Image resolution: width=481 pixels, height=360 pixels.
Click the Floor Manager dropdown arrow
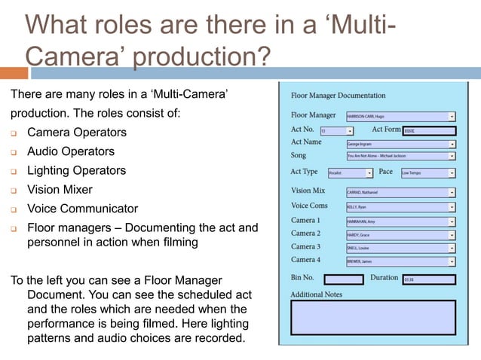452,117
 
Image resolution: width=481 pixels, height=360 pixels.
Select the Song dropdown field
400,156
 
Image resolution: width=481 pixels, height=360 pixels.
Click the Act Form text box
429,130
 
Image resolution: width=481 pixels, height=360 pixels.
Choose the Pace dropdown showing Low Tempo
427,172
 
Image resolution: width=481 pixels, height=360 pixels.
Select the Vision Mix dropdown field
400,192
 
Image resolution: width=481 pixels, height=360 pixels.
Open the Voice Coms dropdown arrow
452,206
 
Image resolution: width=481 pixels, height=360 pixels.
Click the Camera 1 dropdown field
400,221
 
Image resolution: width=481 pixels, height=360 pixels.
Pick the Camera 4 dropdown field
400,261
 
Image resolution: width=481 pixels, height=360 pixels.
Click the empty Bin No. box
343,279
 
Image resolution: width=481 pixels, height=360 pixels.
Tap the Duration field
429,279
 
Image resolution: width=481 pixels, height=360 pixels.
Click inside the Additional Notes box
373,317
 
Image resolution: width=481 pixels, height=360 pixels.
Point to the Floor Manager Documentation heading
338,96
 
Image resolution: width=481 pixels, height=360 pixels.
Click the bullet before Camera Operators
14,133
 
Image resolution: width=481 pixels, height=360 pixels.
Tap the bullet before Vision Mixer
14,191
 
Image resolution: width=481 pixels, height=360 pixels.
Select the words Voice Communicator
83,209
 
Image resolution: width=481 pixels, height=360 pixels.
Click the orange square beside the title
13,74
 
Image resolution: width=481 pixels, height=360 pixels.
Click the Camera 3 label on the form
305,247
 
